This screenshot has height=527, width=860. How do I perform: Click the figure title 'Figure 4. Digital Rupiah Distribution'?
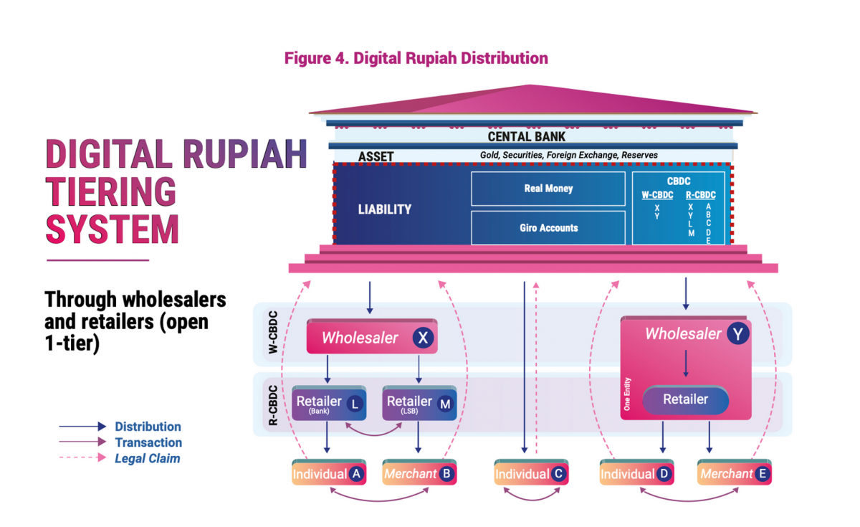[x=416, y=58]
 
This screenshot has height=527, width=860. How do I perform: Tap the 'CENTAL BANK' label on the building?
[x=526, y=136]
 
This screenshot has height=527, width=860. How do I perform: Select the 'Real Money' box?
[x=548, y=189]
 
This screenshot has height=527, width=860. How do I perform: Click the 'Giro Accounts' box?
[x=548, y=228]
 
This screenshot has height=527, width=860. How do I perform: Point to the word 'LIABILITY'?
[x=385, y=209]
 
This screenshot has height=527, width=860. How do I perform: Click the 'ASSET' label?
[x=376, y=156]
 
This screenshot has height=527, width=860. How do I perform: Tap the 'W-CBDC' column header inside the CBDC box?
[x=656, y=195]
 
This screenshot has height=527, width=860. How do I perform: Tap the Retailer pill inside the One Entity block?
[x=685, y=399]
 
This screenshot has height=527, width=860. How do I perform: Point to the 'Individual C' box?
[x=531, y=474]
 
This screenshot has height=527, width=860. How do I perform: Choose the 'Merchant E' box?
[x=735, y=474]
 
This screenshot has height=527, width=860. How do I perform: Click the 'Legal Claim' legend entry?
[x=148, y=458]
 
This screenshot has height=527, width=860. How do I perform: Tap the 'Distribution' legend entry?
[x=148, y=427]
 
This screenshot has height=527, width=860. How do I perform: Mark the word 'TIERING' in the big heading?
[x=111, y=192]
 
